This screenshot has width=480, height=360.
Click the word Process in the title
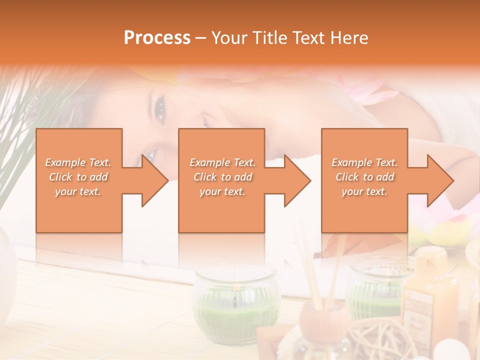157,38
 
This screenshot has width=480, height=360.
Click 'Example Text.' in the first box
78,162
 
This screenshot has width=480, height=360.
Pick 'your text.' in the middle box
222,191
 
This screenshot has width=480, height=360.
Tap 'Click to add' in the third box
364,177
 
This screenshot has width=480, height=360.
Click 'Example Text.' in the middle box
222,162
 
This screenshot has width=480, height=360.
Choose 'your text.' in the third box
364,191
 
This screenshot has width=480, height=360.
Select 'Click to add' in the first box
78,177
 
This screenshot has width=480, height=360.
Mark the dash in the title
200,38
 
